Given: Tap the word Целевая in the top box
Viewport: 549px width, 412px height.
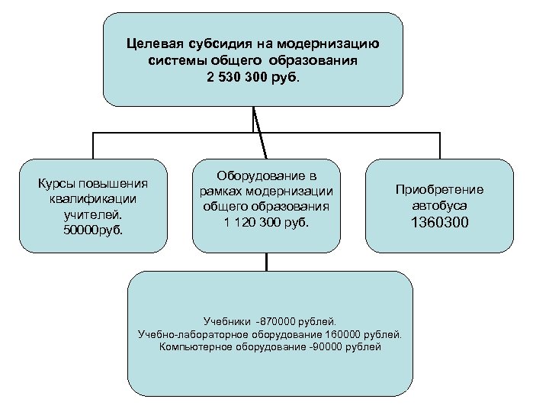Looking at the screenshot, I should pos(154,43).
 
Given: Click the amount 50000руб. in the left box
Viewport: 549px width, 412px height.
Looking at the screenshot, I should pos(93,227).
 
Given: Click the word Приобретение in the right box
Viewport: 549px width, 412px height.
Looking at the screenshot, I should pos(439,191).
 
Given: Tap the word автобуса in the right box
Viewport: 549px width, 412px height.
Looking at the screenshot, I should pos(439,206).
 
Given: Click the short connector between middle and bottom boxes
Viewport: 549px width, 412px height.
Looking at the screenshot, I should pos(266,262).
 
